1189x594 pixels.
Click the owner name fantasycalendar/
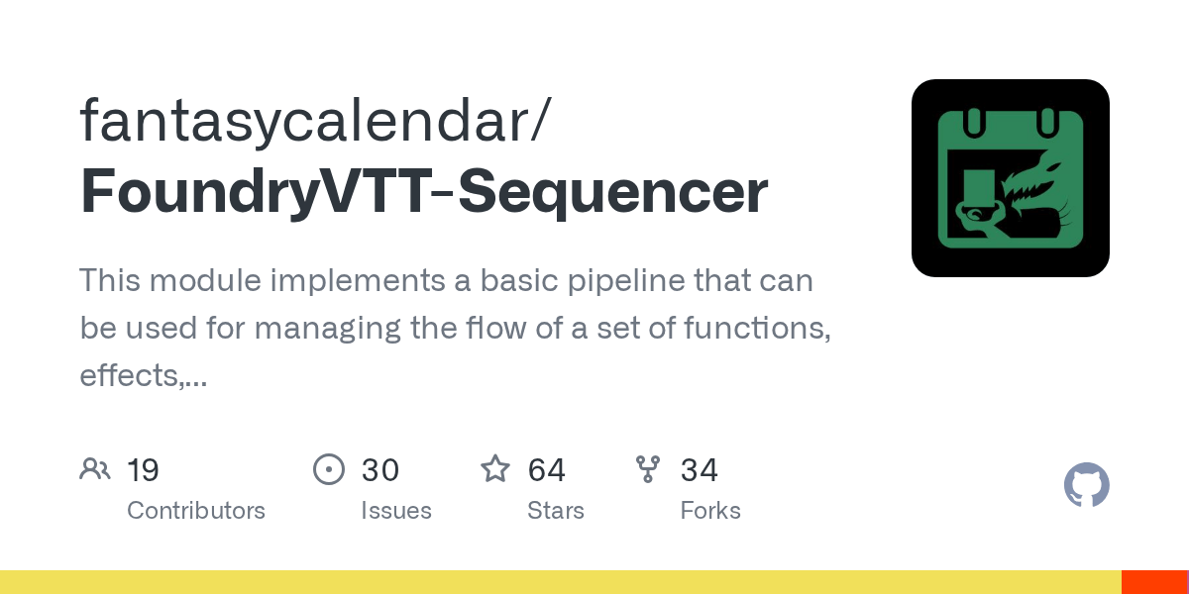click(x=316, y=122)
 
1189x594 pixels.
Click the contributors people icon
click(x=95, y=468)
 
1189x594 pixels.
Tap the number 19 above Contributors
click(x=144, y=469)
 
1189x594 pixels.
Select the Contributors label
click(x=196, y=511)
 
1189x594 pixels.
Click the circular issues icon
click(x=329, y=468)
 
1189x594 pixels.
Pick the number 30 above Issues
click(x=380, y=469)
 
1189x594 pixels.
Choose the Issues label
click(x=396, y=511)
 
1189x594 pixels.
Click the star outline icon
click(x=495, y=468)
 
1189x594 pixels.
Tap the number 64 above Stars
click(x=547, y=469)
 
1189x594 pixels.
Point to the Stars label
click(x=556, y=511)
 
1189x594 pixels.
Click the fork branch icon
click(x=648, y=468)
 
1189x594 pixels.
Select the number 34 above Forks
click(x=700, y=469)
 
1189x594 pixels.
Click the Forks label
click(x=710, y=511)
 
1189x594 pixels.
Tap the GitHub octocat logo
click(x=1086, y=485)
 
